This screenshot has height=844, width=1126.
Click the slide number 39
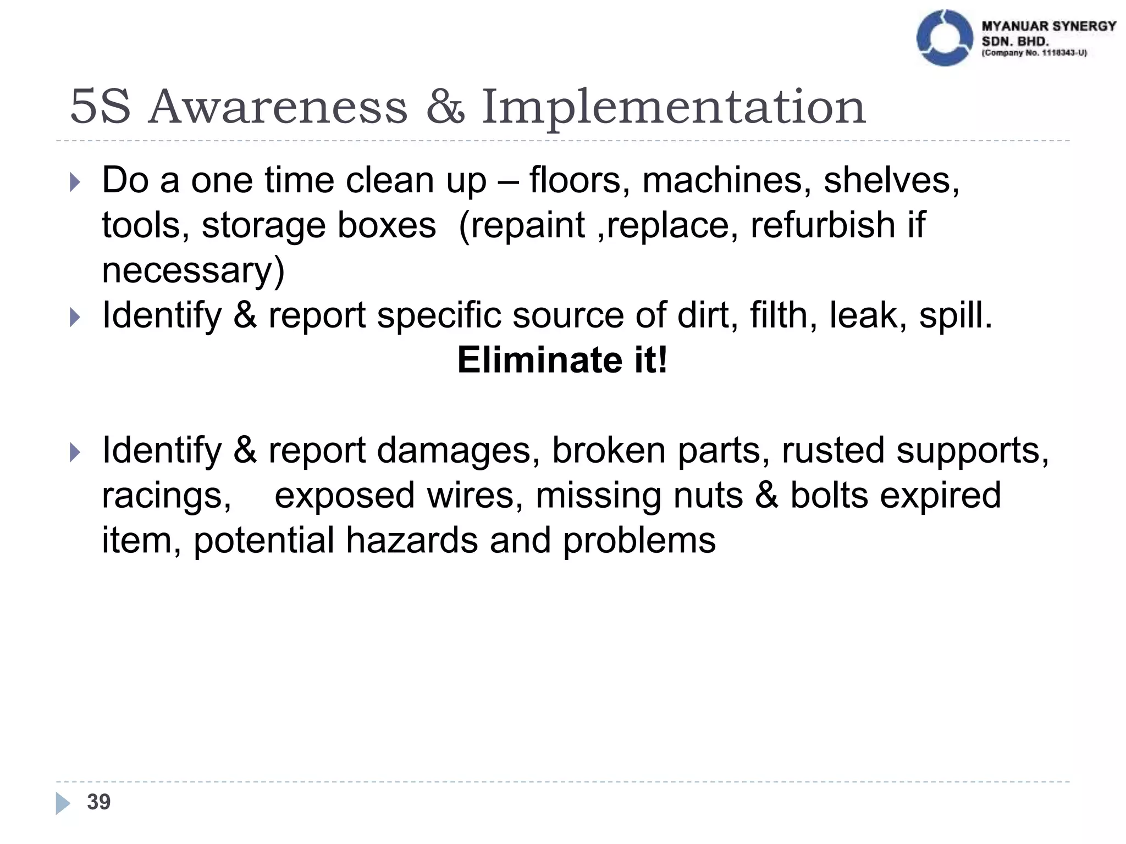pos(99,802)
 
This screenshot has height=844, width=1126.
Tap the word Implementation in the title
pos(674,107)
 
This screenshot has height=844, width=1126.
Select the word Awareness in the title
pos(278,107)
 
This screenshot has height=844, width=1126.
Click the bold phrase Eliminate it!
pos(562,360)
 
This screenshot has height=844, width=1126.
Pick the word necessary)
pos(193,270)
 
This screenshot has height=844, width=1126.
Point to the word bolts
pos(829,495)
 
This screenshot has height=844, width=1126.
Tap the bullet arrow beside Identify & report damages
pos(75,452)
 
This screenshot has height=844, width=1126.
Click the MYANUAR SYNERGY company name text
pos(1048,26)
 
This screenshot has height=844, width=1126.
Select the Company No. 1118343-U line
pos(1034,53)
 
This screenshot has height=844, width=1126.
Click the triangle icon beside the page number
pos(63,803)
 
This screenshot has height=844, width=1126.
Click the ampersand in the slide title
pos(445,107)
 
